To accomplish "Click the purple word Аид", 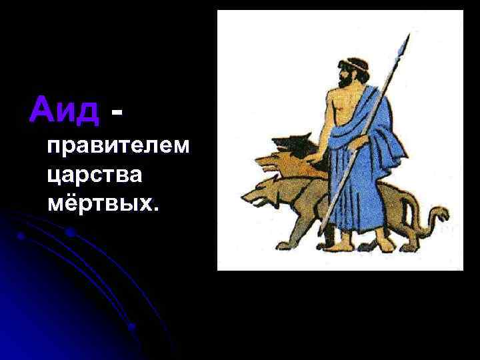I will pyautogui.click(x=64, y=109).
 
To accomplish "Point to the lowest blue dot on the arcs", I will pyautogui.click(x=132, y=326).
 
